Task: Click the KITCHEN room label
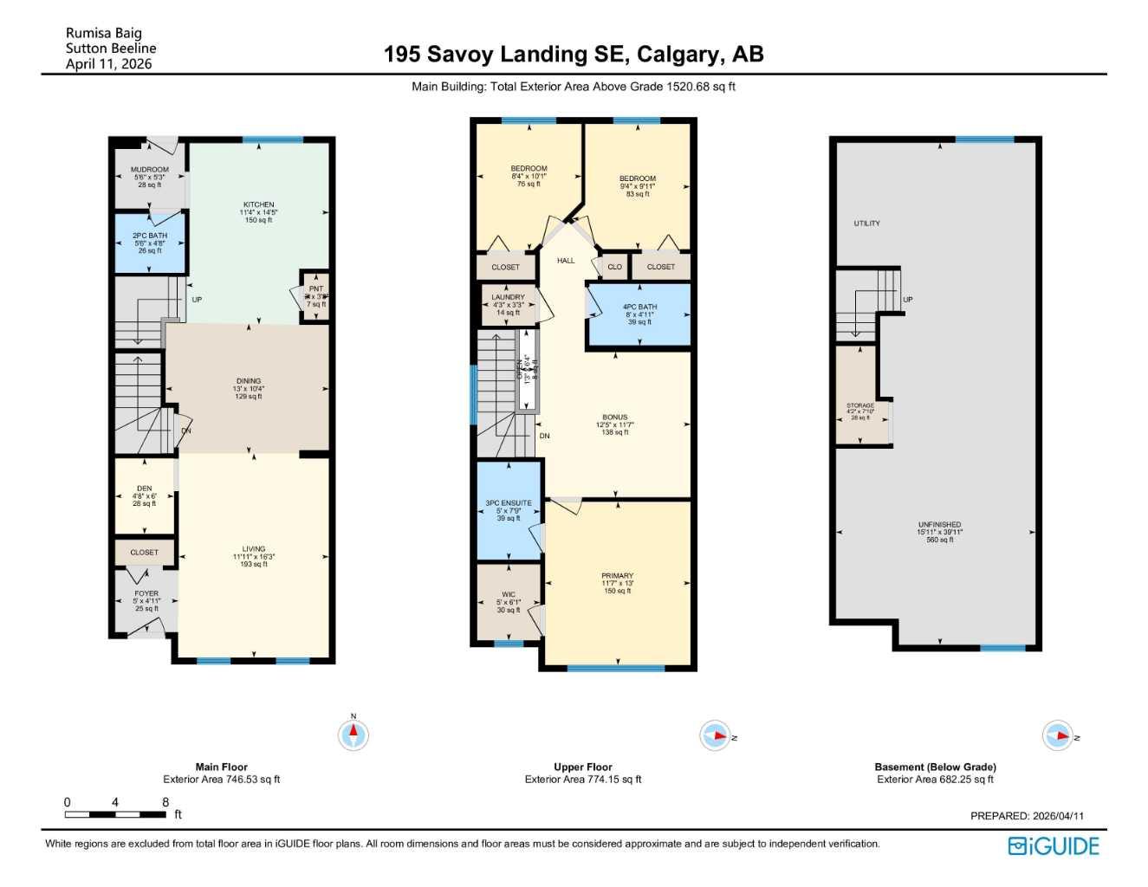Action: (x=258, y=205)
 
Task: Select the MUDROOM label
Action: (x=150, y=171)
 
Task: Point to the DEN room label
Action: (x=144, y=489)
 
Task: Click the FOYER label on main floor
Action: (x=146, y=594)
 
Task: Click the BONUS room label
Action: (x=615, y=418)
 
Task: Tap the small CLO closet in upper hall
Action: (x=614, y=267)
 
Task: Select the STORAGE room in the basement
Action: (x=860, y=405)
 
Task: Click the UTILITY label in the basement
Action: (x=866, y=223)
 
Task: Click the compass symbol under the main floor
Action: (x=353, y=735)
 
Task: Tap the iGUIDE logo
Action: (x=1054, y=846)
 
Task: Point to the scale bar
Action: (x=116, y=814)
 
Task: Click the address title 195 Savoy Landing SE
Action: (x=574, y=55)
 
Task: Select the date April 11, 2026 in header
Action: (x=108, y=64)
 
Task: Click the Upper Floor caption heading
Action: (x=583, y=767)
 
